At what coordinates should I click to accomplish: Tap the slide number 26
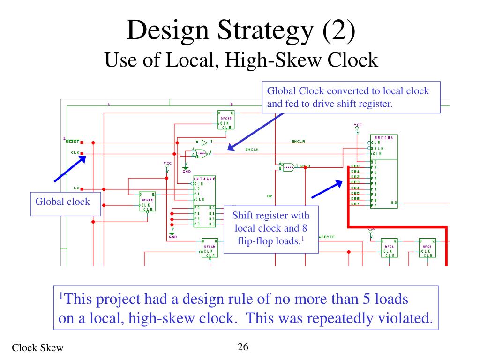point(243,347)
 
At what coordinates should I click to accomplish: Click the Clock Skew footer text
point(37,347)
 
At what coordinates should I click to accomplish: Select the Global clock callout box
point(66,203)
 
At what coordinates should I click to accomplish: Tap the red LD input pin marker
point(82,189)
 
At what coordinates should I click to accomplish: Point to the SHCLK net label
point(252,150)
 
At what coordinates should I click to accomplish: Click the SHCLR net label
point(298,141)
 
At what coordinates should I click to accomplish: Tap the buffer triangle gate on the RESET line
point(204,142)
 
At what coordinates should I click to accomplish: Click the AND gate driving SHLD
point(288,166)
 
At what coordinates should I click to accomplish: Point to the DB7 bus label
point(355,204)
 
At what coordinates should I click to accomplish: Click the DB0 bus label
point(355,166)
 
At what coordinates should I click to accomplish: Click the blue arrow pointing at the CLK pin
point(70,168)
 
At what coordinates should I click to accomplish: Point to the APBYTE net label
point(327,237)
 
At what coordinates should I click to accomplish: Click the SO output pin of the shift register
point(394,203)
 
